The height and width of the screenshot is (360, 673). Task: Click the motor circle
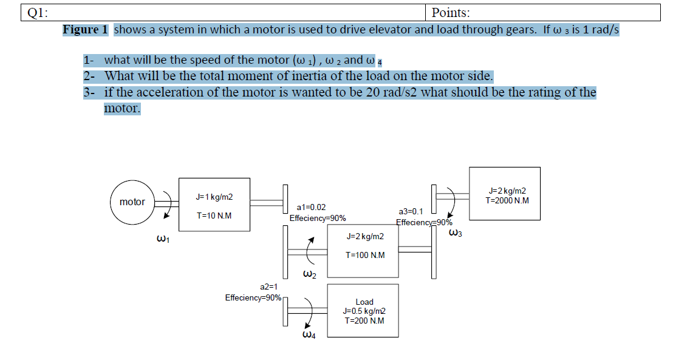tap(132, 202)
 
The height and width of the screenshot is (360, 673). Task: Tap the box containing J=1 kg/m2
tap(214, 205)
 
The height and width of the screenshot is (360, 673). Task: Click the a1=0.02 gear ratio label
tap(311, 208)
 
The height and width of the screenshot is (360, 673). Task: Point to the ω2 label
tap(309, 276)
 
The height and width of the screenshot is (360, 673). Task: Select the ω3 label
tap(456, 233)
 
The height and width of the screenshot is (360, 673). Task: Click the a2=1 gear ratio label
tap(268, 287)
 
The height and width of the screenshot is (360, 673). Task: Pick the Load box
tap(363, 310)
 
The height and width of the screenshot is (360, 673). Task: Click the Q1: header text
tap(35, 13)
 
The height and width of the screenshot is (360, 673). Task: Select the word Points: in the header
tap(451, 13)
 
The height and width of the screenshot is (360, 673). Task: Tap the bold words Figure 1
tap(85, 30)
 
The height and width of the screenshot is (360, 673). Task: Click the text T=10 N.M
tap(214, 216)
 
